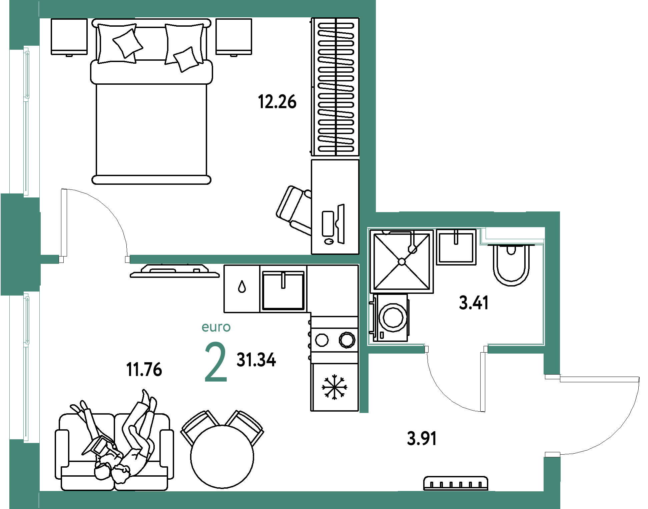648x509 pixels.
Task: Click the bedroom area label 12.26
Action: pos(277,102)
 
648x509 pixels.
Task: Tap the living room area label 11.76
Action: pos(144,370)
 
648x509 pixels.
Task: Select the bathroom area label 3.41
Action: pos(474,303)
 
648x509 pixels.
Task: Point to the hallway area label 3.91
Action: pos(422,438)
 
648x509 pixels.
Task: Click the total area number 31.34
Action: pos(256,360)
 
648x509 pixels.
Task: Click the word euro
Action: pos(216,327)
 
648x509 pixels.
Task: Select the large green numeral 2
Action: pos(216,362)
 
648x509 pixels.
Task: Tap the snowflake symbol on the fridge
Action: pos(334,387)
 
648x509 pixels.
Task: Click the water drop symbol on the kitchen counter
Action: pos(242,287)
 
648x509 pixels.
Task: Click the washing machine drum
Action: pos(393,317)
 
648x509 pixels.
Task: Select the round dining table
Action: pos(222,457)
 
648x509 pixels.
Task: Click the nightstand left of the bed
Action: pos(69,37)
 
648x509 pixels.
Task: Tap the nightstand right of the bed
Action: pos(234,37)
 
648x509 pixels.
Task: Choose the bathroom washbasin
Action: pos(456,247)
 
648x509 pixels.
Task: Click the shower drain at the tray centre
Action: pos(402,262)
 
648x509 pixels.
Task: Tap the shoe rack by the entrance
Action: pos(456,483)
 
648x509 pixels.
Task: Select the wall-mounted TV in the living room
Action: pos(175,271)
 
